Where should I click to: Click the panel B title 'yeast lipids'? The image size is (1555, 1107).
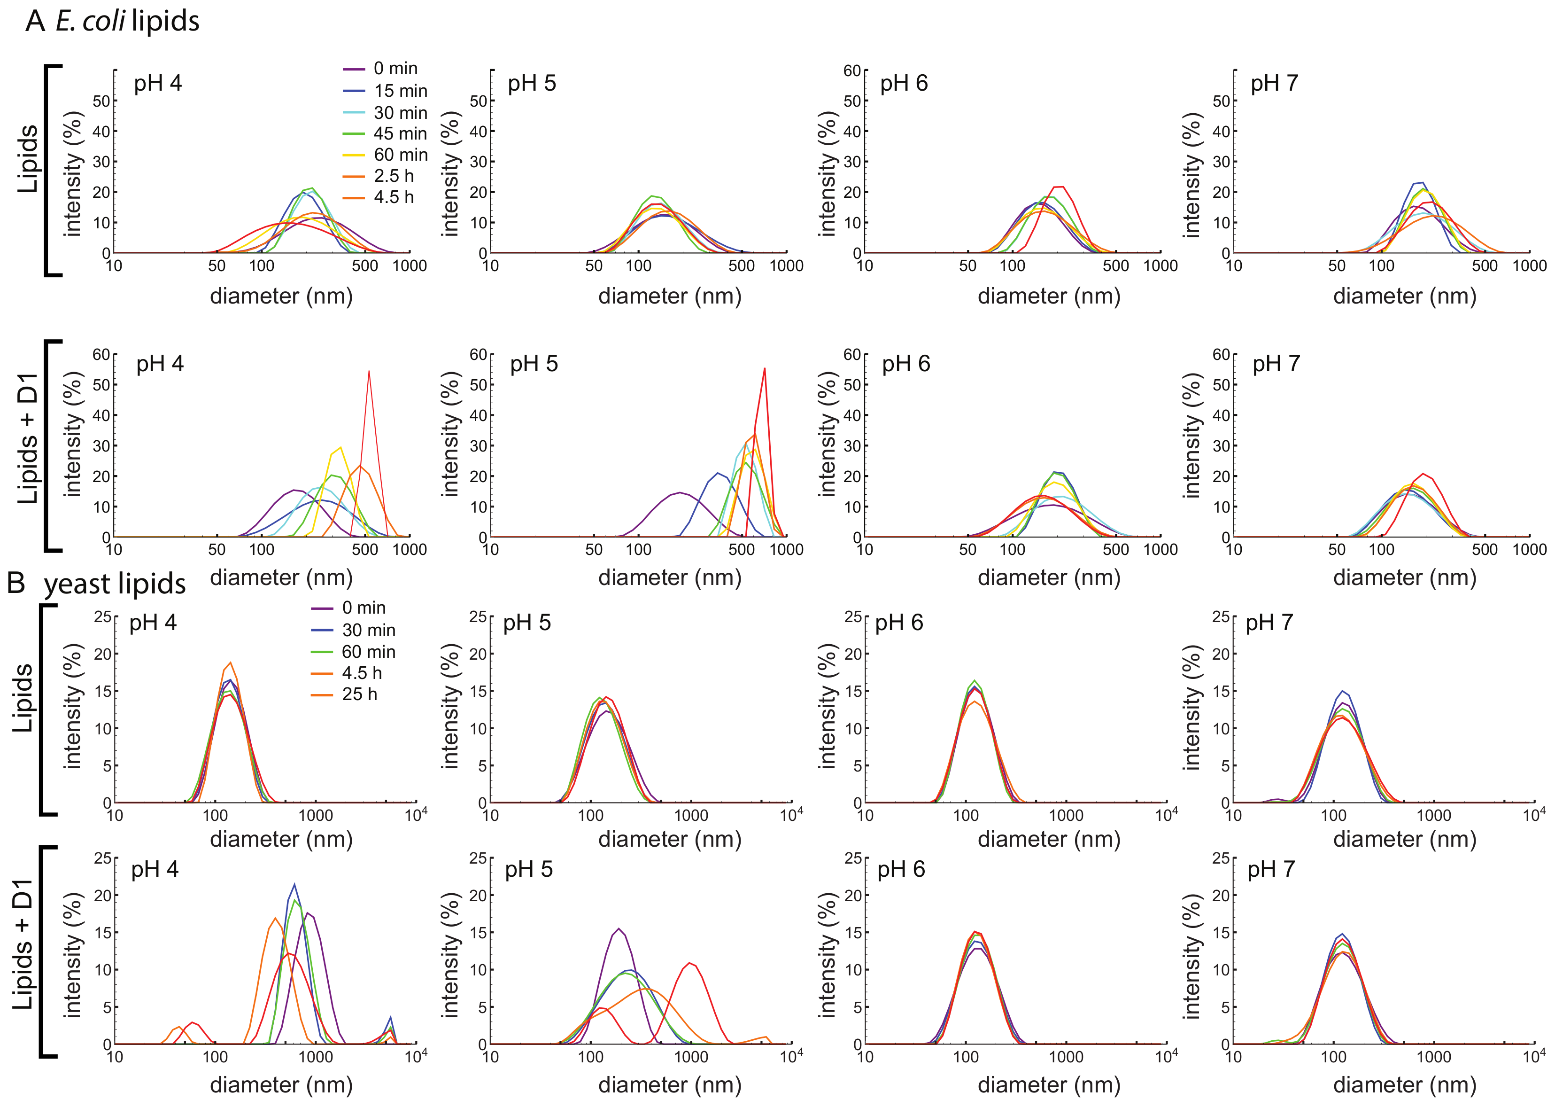pos(115,584)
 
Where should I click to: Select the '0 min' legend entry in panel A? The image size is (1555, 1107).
pos(395,69)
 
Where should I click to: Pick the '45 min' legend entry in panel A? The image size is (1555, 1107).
pos(400,133)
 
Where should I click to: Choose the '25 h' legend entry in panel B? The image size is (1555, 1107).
pos(359,694)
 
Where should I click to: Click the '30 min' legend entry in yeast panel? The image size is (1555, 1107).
pos(368,630)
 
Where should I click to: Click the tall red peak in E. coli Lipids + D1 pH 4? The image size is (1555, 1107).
pos(369,374)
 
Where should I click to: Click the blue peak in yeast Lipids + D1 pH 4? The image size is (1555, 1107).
pos(294,886)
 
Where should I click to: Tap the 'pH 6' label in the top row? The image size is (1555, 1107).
pos(904,84)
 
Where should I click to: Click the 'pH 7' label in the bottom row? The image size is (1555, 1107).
pos(1271,870)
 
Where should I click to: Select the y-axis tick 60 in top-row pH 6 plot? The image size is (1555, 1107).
pos(852,71)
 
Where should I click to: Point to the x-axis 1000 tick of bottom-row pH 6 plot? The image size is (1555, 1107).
pos(1066,1057)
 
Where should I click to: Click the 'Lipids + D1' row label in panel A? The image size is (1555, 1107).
pos(27,439)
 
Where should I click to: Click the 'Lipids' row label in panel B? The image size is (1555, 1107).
pos(23,698)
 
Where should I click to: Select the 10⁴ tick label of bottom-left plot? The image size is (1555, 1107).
pos(416,1057)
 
